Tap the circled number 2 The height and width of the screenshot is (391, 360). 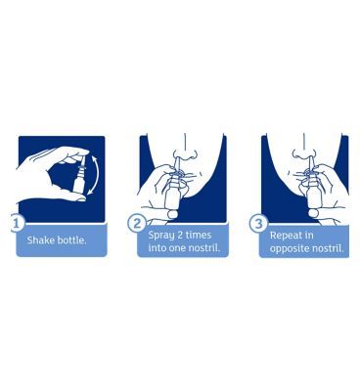point(137,223)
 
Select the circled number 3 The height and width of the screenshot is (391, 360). point(258,223)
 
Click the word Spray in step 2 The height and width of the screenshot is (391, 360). point(162,235)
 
